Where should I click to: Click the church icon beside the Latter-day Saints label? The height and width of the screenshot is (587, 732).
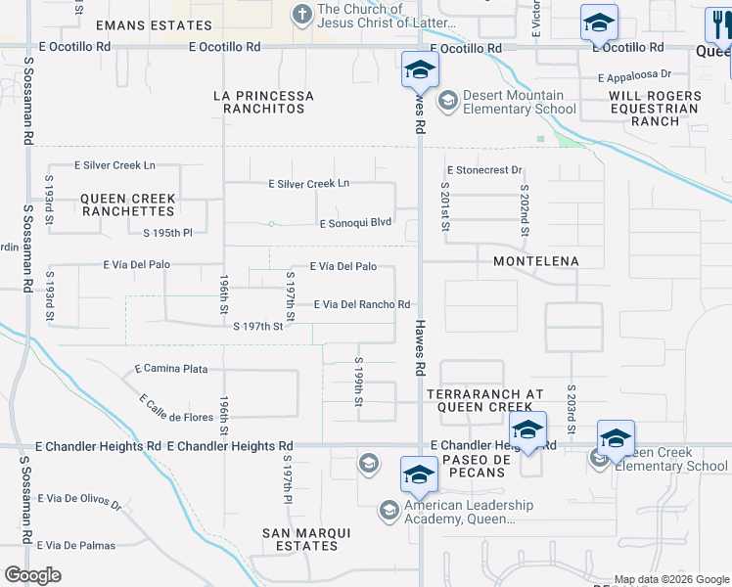tap(301, 14)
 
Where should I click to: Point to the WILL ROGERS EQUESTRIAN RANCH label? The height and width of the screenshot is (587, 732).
tap(656, 109)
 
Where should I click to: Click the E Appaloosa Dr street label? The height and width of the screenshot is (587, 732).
tap(633, 73)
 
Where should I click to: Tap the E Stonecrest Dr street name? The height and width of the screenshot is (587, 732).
tap(484, 170)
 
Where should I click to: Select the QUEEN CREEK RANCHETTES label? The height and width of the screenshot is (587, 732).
tap(128, 204)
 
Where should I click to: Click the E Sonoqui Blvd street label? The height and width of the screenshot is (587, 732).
tap(355, 223)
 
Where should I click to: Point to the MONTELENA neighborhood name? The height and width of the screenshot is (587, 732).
tap(535, 261)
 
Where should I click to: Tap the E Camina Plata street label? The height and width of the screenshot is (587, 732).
tap(170, 369)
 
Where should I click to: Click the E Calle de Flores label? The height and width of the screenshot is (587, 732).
tap(176, 409)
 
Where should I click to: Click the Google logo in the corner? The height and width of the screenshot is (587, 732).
tap(33, 574)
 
